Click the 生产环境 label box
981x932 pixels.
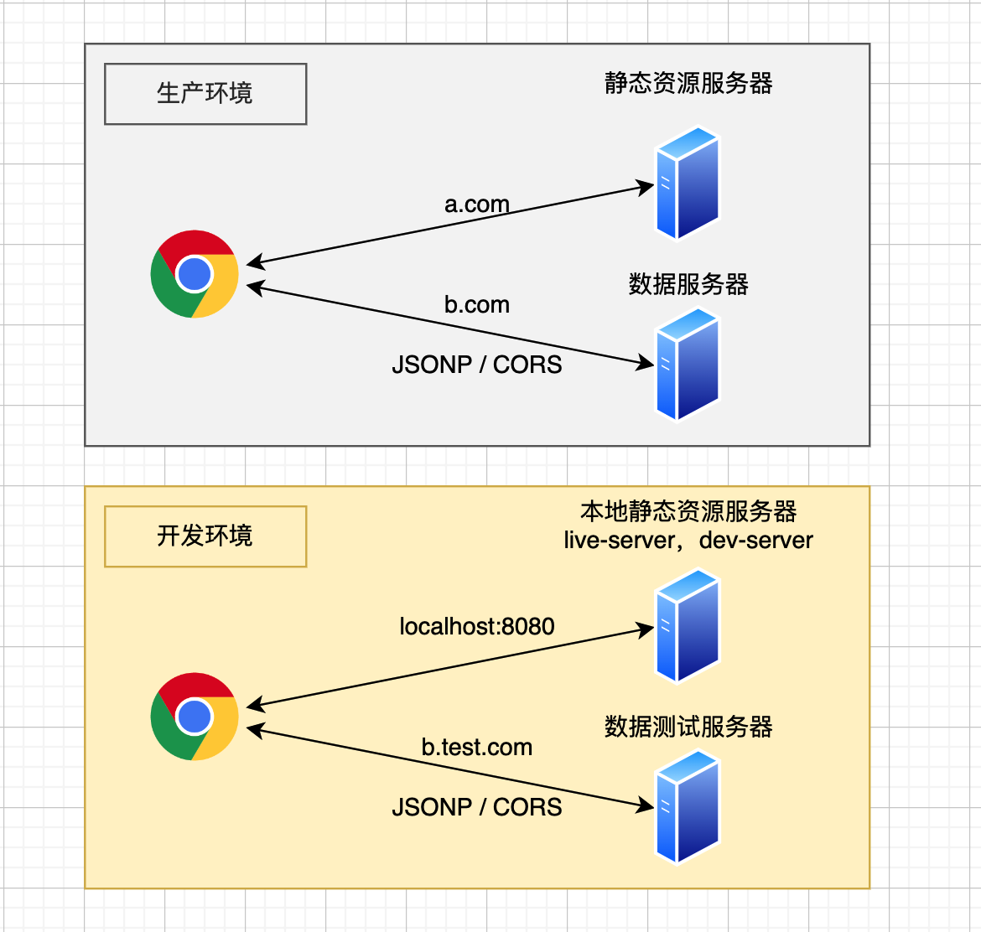pyautogui.click(x=205, y=94)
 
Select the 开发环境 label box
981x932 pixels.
pyautogui.click(x=205, y=536)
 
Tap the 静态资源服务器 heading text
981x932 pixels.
pyautogui.click(x=688, y=84)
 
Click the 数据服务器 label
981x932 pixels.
pyautogui.click(x=688, y=285)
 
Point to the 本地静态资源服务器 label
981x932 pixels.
pyautogui.click(x=688, y=511)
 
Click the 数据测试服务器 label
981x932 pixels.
pyautogui.click(x=688, y=727)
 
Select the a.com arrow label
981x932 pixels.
pyautogui.click(x=477, y=205)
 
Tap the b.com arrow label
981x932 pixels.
pyautogui.click(x=477, y=305)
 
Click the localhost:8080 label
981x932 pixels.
pyautogui.click(x=477, y=627)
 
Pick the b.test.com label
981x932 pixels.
pyautogui.click(x=477, y=748)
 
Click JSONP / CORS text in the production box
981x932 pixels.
pyautogui.click(x=477, y=365)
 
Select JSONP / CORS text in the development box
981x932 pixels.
pyautogui.click(x=477, y=807)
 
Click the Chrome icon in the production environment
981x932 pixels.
pyautogui.click(x=195, y=274)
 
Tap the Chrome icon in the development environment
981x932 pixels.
pyautogui.click(x=195, y=717)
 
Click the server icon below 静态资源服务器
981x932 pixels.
pyautogui.click(x=688, y=183)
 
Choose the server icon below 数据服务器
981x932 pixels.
pyautogui.click(x=688, y=364)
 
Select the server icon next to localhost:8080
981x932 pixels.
pyautogui.click(x=688, y=625)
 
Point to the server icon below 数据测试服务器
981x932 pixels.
pyautogui.click(x=688, y=806)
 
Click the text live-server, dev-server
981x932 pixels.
pyautogui.click(x=688, y=541)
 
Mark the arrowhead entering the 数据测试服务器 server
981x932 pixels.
pyautogui.click(x=647, y=806)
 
